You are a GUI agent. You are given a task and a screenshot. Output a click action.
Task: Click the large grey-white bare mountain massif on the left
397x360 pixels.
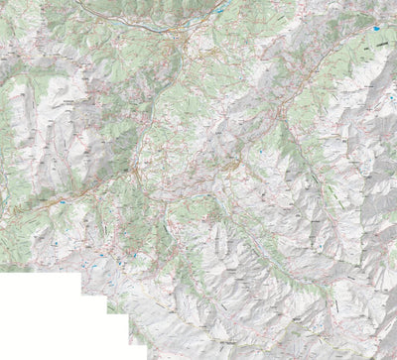tap(40, 119)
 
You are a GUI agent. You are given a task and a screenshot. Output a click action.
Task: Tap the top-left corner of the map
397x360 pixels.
tap(1, 1)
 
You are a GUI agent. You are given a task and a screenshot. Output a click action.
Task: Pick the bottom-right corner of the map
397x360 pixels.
tap(395, 358)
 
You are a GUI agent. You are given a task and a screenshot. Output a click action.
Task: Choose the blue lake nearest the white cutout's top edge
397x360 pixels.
tap(60, 260)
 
